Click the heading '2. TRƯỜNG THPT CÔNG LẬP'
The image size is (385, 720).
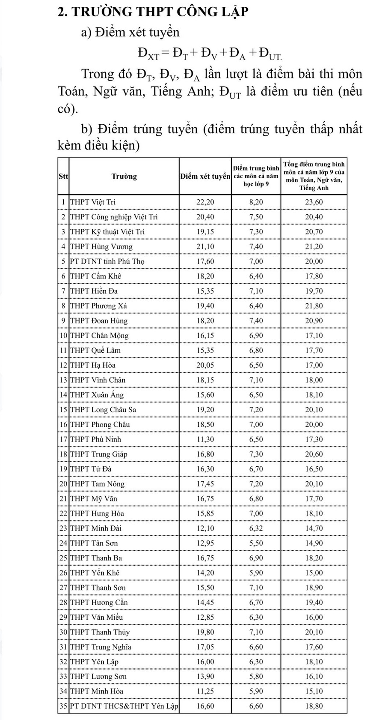(x=152, y=12)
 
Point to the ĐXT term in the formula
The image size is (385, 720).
(x=148, y=53)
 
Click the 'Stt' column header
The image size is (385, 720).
(x=63, y=176)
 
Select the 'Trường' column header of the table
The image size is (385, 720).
(x=124, y=176)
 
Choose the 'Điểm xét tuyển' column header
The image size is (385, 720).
(x=205, y=176)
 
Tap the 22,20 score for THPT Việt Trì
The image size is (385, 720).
(x=205, y=202)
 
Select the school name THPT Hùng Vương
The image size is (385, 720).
(x=101, y=246)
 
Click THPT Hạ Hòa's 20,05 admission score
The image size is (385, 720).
(x=205, y=365)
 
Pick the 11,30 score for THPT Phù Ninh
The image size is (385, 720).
(x=205, y=439)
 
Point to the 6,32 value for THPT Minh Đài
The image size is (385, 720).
(x=256, y=528)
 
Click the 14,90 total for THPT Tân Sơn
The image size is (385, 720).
(x=314, y=543)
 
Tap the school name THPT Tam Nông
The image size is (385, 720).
(x=97, y=484)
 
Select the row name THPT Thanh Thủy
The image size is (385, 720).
(x=100, y=632)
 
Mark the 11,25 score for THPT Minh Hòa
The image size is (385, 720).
(x=205, y=691)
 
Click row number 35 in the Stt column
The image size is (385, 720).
(x=63, y=706)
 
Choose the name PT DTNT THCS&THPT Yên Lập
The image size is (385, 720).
(x=124, y=706)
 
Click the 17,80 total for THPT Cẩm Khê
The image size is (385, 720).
(x=314, y=276)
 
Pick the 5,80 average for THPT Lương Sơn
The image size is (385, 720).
(x=256, y=677)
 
